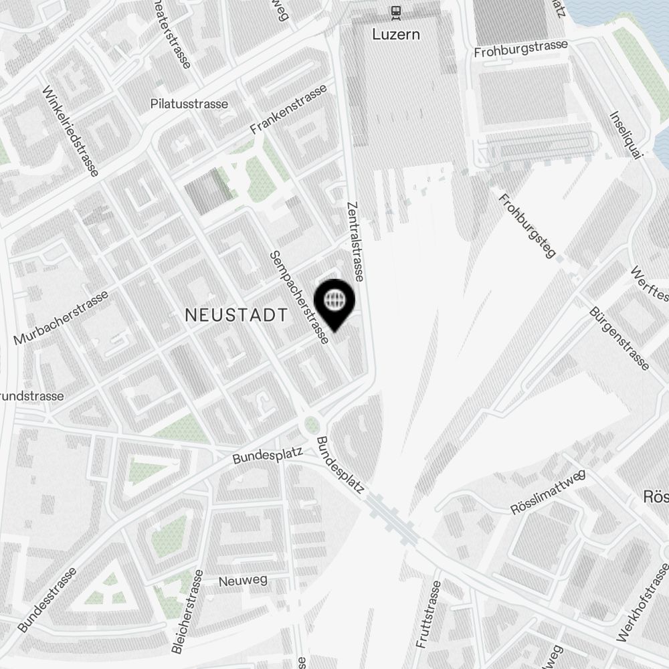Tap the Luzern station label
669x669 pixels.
click(x=397, y=33)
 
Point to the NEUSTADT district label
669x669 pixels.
click(x=235, y=315)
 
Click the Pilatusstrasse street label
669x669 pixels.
click(x=189, y=104)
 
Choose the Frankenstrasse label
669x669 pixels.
click(x=289, y=108)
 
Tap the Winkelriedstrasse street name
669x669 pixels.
click(x=70, y=132)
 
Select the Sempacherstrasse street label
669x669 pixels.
click(x=299, y=298)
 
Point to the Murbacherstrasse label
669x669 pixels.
click(x=61, y=318)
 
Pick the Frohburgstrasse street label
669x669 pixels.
click(x=520, y=48)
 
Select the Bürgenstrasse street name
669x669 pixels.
click(x=619, y=339)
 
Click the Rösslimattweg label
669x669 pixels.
click(x=548, y=492)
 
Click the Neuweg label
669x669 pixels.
click(x=239, y=581)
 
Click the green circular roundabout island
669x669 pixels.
click(x=311, y=424)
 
